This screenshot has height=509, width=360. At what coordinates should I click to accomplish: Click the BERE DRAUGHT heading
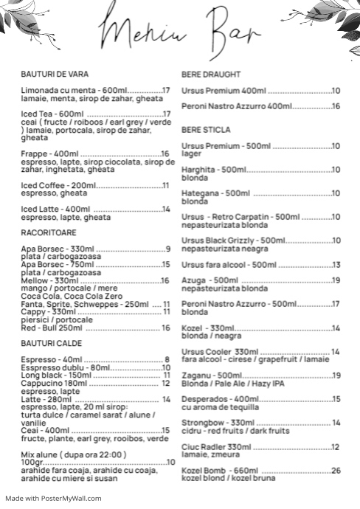[x=211, y=75]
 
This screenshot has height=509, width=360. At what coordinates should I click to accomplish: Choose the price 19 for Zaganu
[x=336, y=375]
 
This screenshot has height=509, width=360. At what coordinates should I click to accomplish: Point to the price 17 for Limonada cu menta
[x=166, y=91]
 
